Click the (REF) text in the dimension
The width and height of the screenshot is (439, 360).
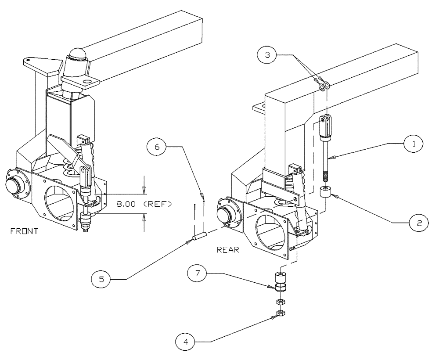156,204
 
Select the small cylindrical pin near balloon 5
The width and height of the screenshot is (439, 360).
198,237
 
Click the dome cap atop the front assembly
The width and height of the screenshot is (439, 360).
77,59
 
